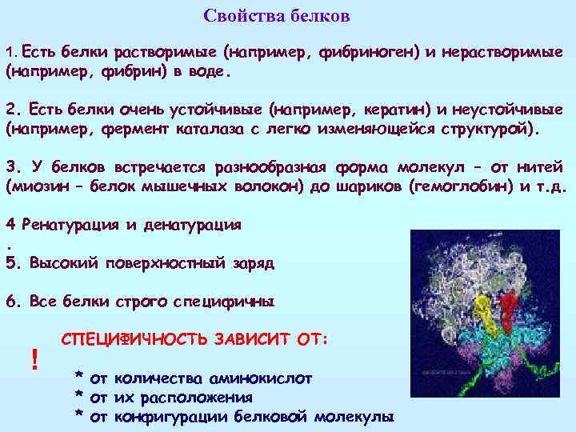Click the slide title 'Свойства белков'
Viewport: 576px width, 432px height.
coord(277,16)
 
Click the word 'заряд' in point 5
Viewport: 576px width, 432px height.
coord(250,262)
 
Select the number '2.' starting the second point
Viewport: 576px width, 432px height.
coord(13,110)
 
